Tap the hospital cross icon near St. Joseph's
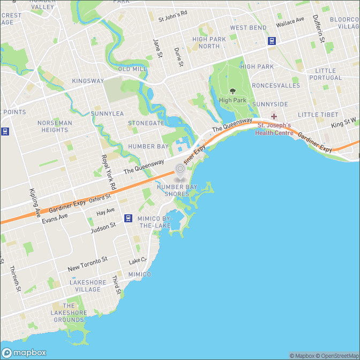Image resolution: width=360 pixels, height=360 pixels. point(274,116)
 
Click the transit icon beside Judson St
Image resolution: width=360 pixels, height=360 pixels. point(128,218)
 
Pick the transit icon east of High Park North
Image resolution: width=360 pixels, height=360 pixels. point(272,40)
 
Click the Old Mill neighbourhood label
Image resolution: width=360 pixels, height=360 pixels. point(132,69)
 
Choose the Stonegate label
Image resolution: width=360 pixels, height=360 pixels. point(146,123)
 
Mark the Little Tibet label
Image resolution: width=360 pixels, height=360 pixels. point(318,115)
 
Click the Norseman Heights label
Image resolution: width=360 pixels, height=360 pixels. point(55,126)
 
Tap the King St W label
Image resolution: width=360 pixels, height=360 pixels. point(344,123)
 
